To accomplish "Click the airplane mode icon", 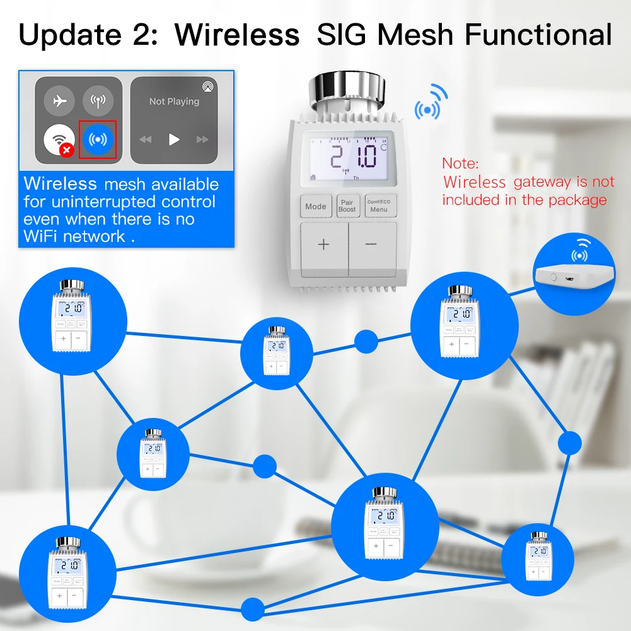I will coord(60,101).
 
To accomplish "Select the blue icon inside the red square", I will coord(98,139).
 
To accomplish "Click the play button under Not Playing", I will coord(174,139).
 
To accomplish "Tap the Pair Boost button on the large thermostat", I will coord(347,206).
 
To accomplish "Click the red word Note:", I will coord(460,163).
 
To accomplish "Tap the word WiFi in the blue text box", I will coord(43,236).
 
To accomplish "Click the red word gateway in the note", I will coord(541,182).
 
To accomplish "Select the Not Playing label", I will coord(174,101).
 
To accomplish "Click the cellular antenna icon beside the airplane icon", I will coord(98,101).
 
